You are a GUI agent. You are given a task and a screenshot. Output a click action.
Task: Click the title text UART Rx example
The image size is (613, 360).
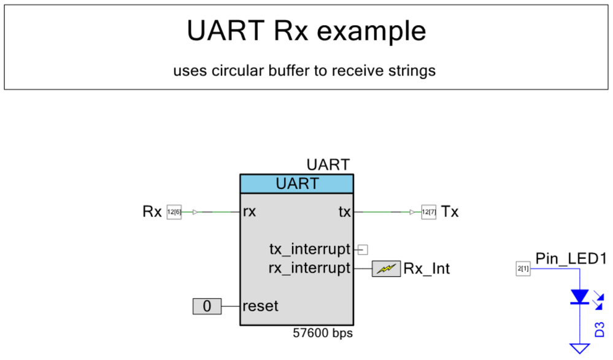(x=306, y=31)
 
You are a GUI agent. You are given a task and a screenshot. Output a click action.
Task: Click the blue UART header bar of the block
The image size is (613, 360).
(x=296, y=183)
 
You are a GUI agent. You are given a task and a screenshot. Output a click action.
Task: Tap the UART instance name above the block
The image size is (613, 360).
(x=328, y=165)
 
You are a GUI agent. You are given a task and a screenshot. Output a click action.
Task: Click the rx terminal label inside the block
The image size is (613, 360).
(x=249, y=212)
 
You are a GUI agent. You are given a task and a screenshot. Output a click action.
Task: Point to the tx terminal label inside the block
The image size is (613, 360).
(x=344, y=212)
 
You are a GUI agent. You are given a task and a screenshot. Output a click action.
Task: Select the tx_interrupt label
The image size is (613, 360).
(x=310, y=250)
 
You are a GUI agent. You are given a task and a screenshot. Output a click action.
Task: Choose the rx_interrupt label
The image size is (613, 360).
(x=310, y=268)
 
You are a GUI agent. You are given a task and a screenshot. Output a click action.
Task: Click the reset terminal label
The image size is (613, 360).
(x=260, y=305)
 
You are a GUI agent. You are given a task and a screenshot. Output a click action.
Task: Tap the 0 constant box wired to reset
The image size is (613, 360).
(x=207, y=305)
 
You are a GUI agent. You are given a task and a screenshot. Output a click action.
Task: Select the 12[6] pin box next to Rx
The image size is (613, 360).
(x=174, y=212)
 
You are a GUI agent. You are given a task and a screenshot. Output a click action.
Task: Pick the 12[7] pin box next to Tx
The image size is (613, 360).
(x=428, y=212)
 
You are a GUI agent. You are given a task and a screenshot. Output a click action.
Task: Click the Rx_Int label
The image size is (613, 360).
(x=426, y=269)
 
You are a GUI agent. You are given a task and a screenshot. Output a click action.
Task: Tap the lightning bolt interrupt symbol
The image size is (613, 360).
(x=386, y=269)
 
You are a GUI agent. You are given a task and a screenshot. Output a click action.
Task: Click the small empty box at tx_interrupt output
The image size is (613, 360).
(x=363, y=250)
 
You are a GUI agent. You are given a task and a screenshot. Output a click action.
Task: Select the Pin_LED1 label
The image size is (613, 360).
(x=571, y=259)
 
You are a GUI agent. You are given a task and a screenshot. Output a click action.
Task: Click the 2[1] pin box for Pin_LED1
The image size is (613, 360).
(x=523, y=269)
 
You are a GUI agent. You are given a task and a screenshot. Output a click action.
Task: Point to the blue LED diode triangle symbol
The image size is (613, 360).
(x=579, y=297)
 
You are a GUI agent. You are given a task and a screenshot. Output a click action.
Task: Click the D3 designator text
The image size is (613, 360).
(x=600, y=329)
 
